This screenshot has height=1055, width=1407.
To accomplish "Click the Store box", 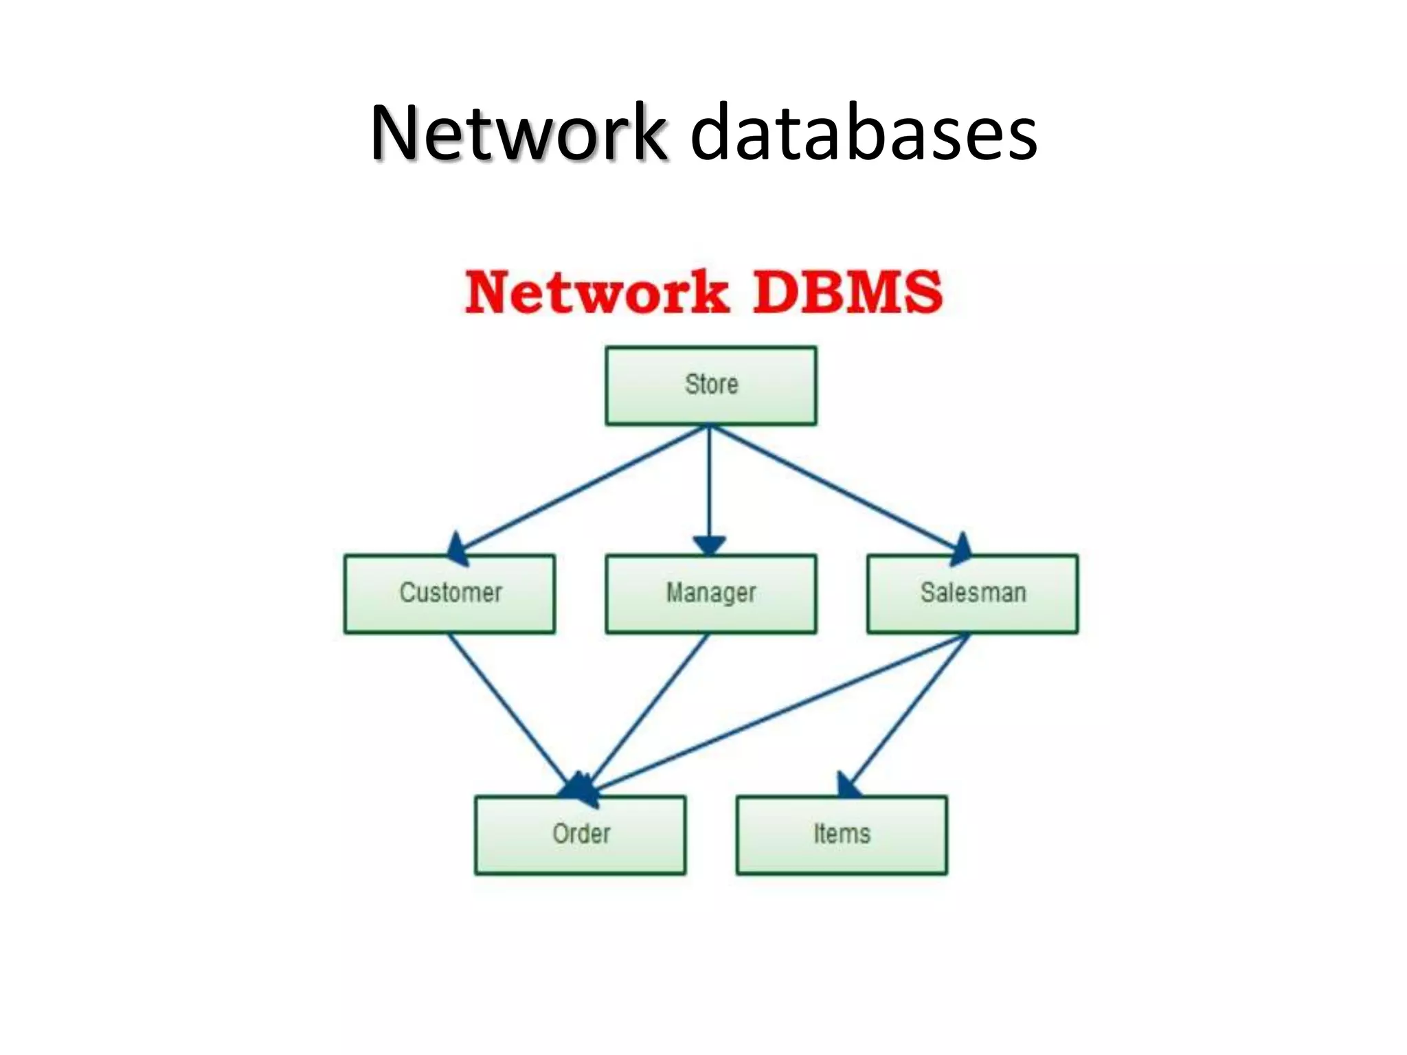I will pos(711,385).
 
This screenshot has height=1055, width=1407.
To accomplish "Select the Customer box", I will pos(450,593).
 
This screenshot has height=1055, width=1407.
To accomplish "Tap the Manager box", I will pos(711,593).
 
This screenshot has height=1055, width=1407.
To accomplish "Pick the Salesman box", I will pos(973,593).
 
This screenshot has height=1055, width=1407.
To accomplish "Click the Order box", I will pos(581,835).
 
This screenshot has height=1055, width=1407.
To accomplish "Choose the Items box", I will pos(842,835).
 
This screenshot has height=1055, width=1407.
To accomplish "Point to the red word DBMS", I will pos(848,293).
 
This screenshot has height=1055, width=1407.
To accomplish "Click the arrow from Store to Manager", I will pos(710,481).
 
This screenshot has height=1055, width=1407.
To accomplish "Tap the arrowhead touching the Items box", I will pos(848,785).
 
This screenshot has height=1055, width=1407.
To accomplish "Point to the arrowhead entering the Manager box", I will pos(710,546).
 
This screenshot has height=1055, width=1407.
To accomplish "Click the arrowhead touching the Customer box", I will pos(459,549).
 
